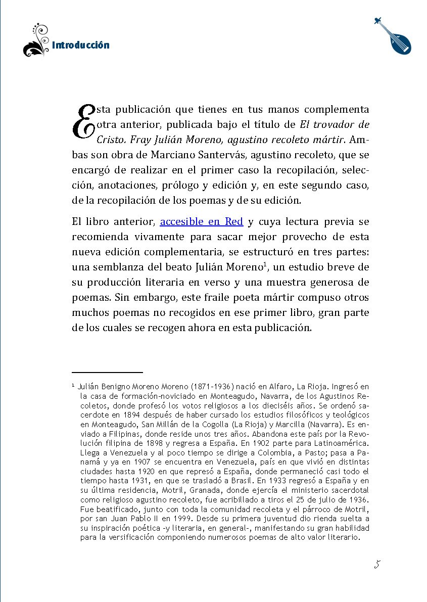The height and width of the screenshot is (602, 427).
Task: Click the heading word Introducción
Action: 80,45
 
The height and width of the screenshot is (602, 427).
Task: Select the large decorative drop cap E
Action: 83,122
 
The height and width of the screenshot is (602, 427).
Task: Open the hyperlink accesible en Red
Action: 201,221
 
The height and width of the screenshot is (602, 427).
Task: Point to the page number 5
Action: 376,565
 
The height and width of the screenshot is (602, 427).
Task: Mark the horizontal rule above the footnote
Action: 107,372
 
